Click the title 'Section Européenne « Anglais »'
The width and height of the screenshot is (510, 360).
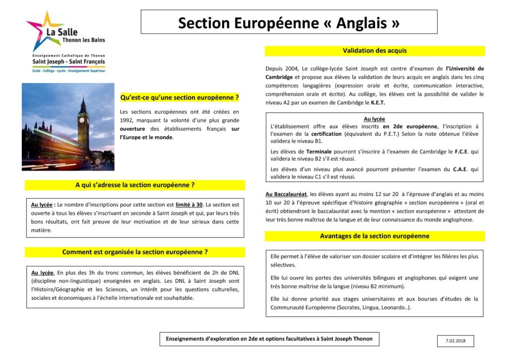289,22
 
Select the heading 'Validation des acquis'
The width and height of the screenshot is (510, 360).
374,51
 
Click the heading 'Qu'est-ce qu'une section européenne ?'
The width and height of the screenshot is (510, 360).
180,97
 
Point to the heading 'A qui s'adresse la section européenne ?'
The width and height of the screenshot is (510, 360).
135,185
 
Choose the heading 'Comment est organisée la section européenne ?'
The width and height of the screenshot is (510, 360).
135,252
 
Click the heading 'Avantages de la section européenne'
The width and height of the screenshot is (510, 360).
374,236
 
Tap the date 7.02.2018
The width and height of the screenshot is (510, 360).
456,341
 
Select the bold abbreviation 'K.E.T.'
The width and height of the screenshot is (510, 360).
378,103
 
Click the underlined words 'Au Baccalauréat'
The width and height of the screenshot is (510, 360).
286,194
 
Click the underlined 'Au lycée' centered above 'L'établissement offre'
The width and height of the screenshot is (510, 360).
374,119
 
